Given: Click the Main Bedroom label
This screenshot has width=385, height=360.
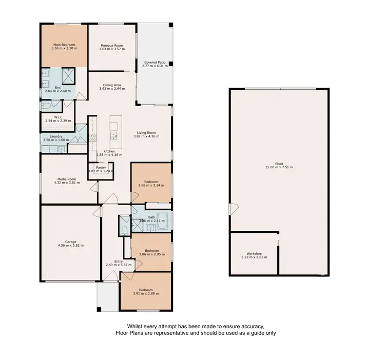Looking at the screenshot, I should (65, 45).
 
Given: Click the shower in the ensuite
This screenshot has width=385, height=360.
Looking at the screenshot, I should (68, 76).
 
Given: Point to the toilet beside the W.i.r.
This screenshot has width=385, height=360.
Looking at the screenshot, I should (46, 106).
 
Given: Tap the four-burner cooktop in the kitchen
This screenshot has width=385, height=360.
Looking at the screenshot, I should (93, 137).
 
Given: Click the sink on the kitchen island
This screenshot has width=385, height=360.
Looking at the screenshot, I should (113, 135).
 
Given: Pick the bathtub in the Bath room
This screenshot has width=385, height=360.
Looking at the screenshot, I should (162, 219).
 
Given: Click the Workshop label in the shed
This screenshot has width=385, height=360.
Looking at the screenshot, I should (254, 254).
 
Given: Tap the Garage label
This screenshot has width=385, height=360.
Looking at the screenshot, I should (71, 242).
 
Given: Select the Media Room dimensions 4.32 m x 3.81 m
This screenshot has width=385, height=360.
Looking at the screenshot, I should (67, 182).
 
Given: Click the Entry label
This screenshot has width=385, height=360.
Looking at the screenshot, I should (119, 261).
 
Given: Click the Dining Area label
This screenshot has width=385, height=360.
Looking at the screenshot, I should (111, 85).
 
